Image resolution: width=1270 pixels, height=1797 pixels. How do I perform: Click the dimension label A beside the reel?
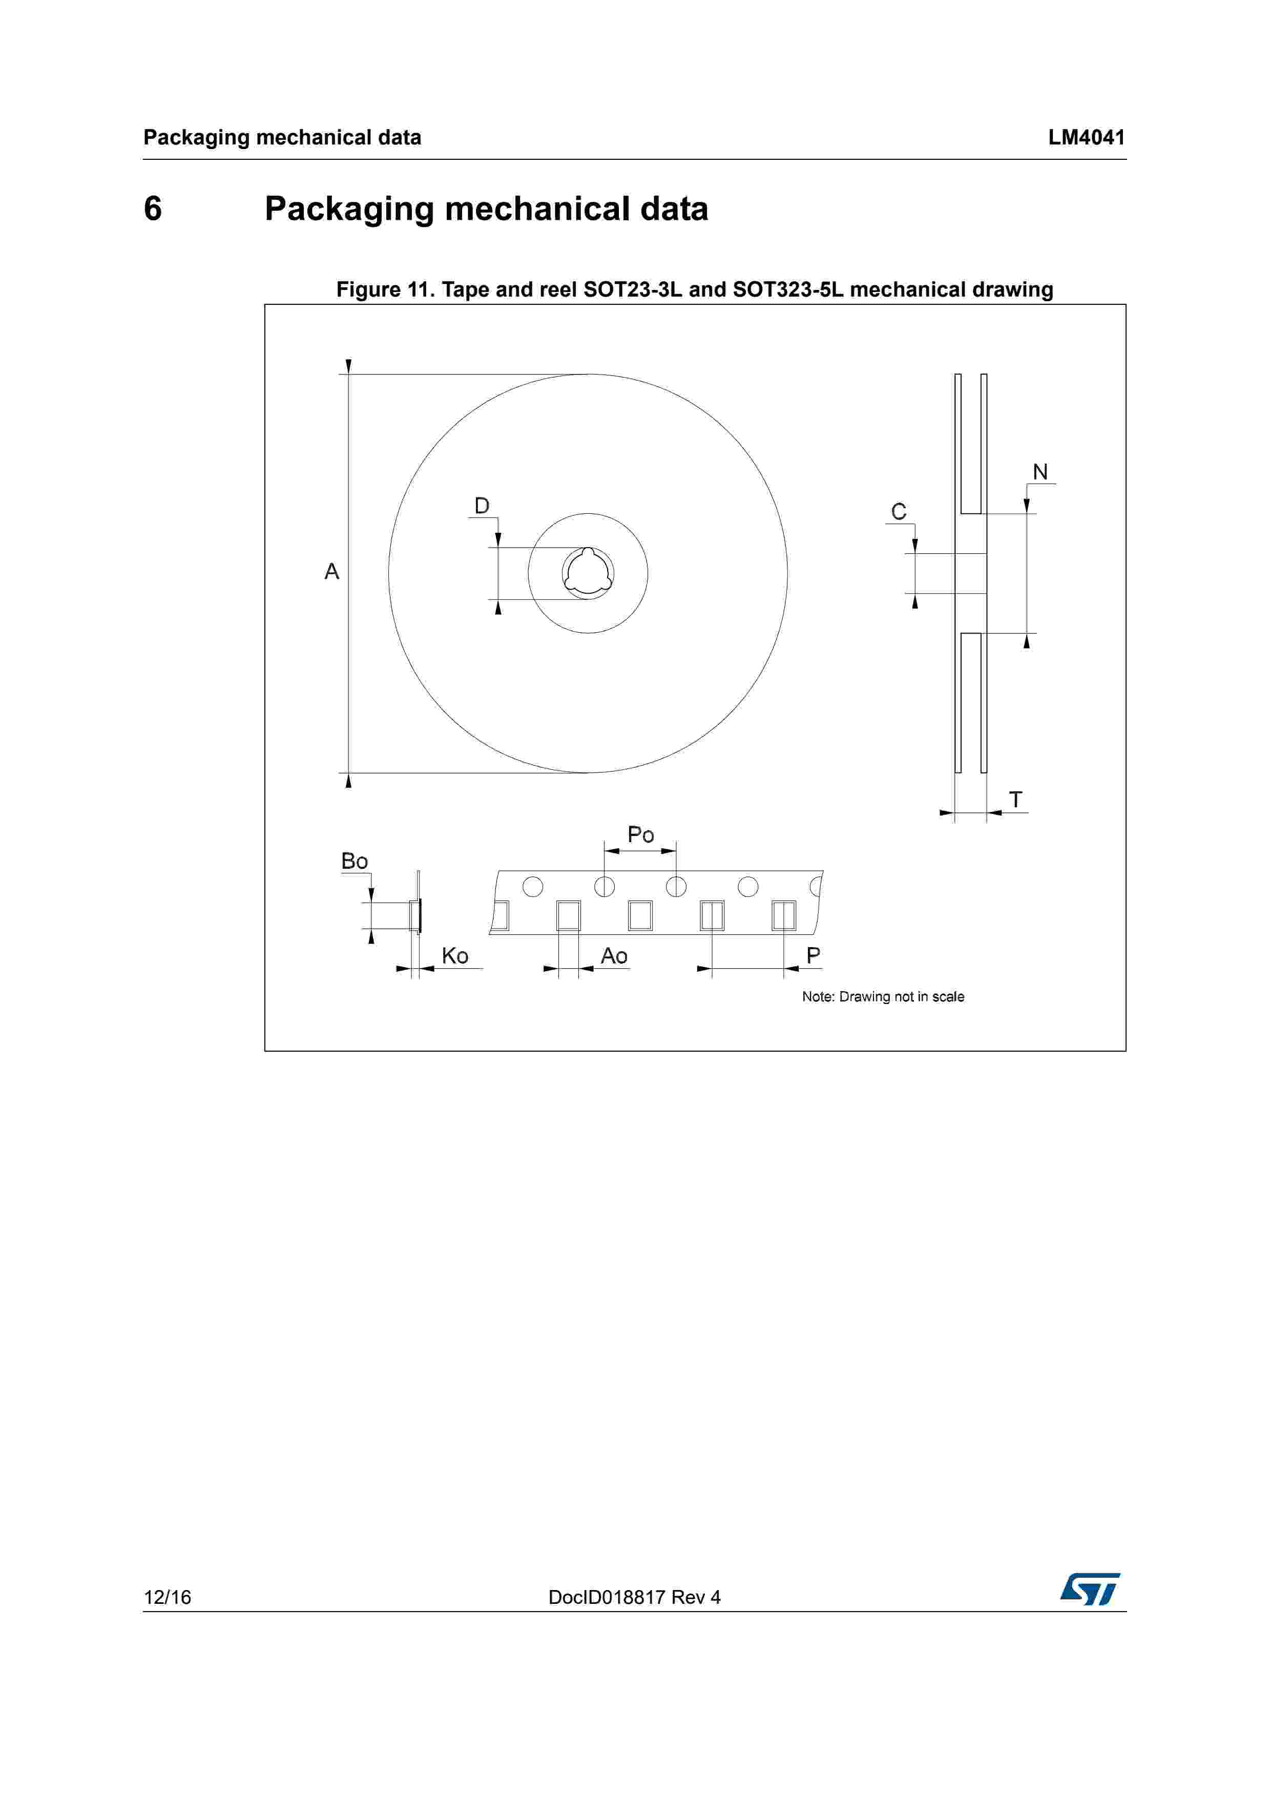pyautogui.click(x=332, y=572)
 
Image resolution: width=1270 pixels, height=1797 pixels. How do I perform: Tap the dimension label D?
pyautogui.click(x=482, y=506)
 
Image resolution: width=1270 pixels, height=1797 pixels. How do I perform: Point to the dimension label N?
pyautogui.click(x=1040, y=472)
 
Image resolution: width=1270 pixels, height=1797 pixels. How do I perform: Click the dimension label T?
pyautogui.click(x=1016, y=800)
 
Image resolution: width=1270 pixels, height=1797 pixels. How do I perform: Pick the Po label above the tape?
pyautogui.click(x=641, y=835)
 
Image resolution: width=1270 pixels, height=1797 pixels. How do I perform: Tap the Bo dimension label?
pyautogui.click(x=355, y=862)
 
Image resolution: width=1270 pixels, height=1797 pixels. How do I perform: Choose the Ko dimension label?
pyautogui.click(x=454, y=956)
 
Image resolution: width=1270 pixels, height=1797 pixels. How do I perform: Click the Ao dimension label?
pyautogui.click(x=614, y=956)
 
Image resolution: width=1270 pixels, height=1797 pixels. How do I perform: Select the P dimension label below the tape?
pyautogui.click(x=814, y=956)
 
